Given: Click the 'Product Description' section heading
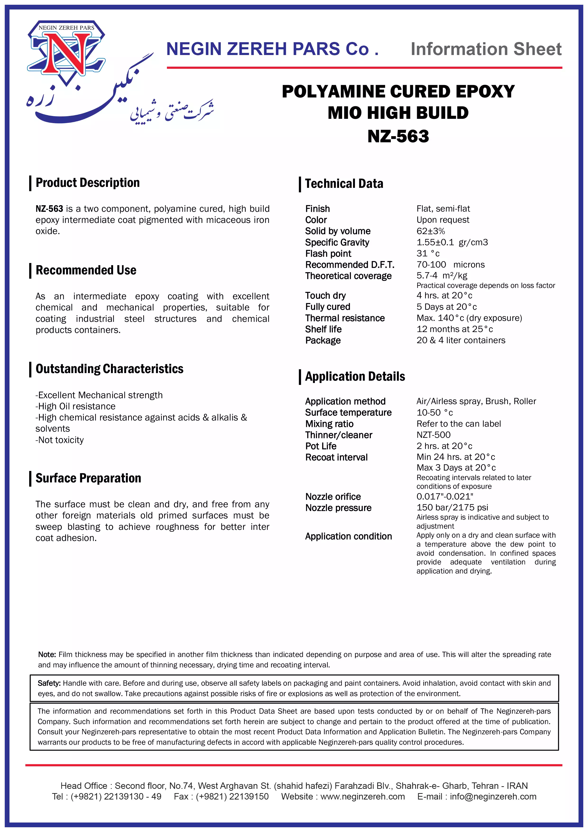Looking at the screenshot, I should tap(87, 183).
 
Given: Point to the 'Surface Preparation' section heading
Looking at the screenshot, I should tap(88, 478).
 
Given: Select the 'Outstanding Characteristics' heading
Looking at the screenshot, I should tap(109, 369).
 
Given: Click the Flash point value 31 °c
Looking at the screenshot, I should tap(428, 254).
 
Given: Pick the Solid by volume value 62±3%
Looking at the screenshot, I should tap(430, 231).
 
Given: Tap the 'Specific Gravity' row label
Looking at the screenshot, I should tap(337, 242).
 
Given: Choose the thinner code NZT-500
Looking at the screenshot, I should tap(433, 435).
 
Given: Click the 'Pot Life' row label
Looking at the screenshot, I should tap(321, 446).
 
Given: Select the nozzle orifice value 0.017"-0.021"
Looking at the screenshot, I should tap(445, 496).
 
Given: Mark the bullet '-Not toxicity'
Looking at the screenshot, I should tap(60, 440).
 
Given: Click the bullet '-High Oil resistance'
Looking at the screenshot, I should tap(75, 406).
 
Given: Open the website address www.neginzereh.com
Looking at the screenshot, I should tap(362, 796).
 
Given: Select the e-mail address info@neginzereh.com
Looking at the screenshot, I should tap(493, 796).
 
